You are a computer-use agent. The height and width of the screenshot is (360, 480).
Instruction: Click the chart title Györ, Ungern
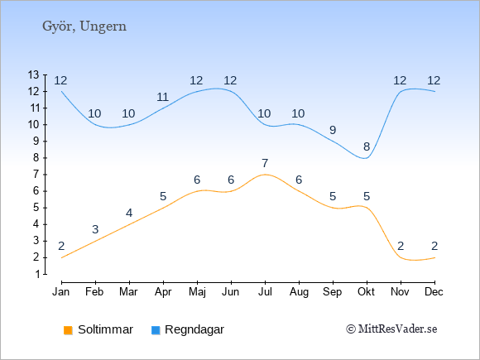pos(84,26)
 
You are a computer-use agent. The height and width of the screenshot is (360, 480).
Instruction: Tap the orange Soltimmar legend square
pos(68,330)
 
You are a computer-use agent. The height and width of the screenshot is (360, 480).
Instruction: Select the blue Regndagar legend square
pos(156,330)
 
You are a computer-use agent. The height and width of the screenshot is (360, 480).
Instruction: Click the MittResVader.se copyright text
pos(391,329)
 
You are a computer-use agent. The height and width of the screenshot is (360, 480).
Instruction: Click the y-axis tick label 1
pos(37,274)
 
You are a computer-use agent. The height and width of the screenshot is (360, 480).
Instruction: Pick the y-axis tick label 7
pos(37,175)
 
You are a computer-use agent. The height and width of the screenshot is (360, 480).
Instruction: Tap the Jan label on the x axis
pos(61,292)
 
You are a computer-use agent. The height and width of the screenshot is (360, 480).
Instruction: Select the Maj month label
pos(197,292)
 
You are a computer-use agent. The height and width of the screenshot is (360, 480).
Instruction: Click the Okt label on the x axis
pos(367,292)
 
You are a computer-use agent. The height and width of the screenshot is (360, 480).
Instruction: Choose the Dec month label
pos(434,292)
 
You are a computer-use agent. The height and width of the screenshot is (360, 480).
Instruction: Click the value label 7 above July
pos(265,163)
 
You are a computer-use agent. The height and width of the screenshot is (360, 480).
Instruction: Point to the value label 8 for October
pos(367,146)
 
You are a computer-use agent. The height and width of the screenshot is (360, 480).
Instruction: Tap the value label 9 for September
pos(333,130)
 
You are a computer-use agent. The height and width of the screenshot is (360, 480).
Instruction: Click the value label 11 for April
pos(162,97)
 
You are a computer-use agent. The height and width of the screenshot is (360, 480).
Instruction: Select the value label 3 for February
pos(95,229)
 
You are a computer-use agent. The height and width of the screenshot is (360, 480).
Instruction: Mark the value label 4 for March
pos(129,213)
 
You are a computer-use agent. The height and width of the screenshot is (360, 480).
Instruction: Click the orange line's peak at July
pos(265,175)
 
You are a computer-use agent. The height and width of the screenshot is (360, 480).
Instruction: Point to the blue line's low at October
pos(365,158)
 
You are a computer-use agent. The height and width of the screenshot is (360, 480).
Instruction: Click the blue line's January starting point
pos(61,91)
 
